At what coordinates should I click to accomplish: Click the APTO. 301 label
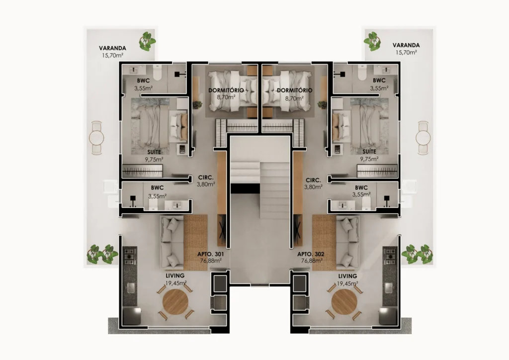210,254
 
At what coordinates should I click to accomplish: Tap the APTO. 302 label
311,254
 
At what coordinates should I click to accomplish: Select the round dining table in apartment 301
175,302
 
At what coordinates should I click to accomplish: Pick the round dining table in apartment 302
344,302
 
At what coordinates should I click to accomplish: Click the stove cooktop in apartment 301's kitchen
130,256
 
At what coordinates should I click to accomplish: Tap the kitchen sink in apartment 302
389,287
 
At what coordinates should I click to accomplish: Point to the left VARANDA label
112,48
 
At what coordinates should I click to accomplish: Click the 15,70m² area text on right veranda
406,52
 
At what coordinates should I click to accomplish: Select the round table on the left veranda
96,138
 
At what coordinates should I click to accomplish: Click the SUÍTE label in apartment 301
154,152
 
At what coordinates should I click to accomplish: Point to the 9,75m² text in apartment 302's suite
369,159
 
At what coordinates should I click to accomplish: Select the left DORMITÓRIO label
226,90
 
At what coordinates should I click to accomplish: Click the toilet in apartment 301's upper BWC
158,73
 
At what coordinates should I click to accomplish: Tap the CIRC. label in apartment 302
313,180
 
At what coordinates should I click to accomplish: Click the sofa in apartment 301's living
172,243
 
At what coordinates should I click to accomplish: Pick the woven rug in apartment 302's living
324,242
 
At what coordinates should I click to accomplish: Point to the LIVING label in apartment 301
175,275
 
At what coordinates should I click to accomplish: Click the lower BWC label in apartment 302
361,187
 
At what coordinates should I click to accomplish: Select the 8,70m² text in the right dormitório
294,98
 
